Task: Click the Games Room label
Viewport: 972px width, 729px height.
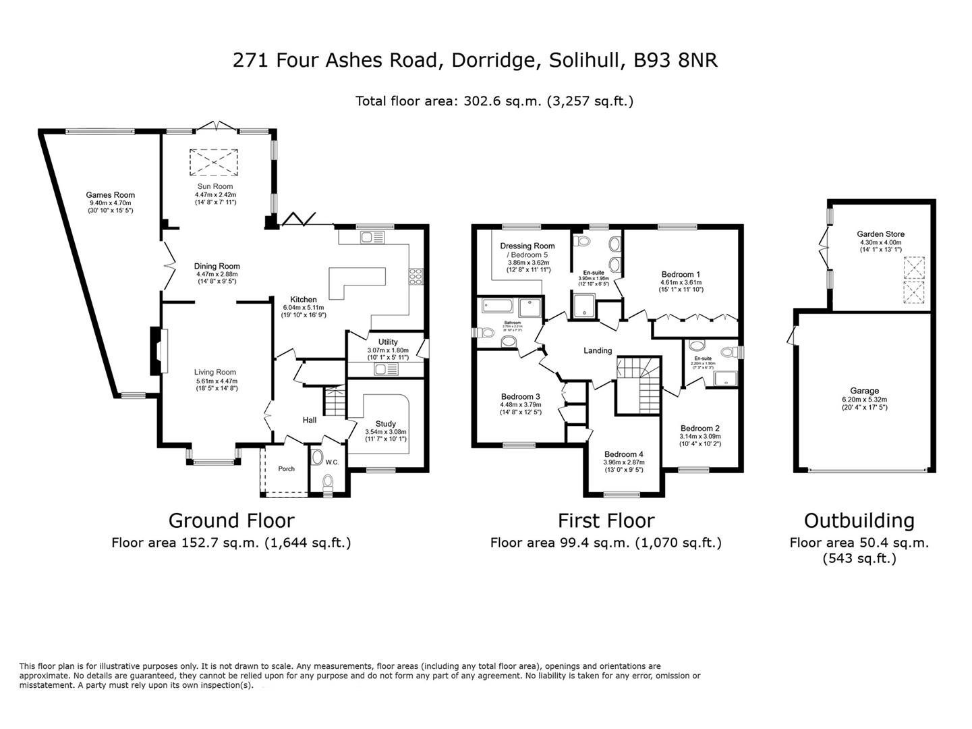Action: [110, 195]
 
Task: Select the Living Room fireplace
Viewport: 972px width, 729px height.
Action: [156, 350]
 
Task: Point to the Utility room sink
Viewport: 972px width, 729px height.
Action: [387, 369]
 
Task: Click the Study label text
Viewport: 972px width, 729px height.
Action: [385, 424]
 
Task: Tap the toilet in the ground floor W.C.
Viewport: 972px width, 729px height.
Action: [328, 483]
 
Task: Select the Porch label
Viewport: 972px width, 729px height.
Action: [286, 468]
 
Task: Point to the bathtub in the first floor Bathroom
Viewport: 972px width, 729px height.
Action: [498, 306]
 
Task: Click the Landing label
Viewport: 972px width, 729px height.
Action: [598, 350]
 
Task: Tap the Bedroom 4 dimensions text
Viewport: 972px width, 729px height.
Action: [623, 466]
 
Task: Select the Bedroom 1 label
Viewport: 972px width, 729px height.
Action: [681, 274]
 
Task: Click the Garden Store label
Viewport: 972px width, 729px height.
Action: [880, 234]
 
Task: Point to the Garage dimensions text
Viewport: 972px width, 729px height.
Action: [864, 403]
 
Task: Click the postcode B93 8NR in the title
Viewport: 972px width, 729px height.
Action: [675, 60]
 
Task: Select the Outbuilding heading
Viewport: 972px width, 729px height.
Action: [859, 520]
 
